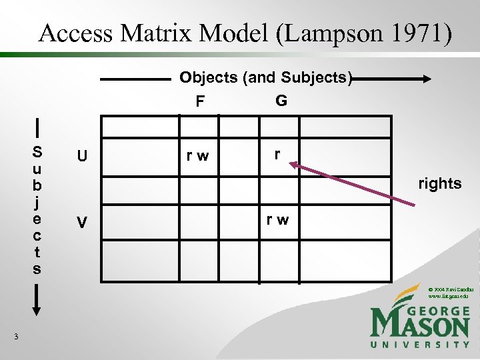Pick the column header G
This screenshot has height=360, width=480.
[281, 101]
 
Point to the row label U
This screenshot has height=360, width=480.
[81, 157]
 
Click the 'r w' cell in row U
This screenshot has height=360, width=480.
[197, 157]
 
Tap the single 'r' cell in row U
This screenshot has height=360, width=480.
[277, 153]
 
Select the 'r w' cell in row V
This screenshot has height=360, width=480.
[278, 219]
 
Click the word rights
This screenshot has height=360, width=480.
[439, 183]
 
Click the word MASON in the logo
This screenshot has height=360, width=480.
[420, 325]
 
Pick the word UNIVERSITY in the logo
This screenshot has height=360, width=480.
[420, 344]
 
